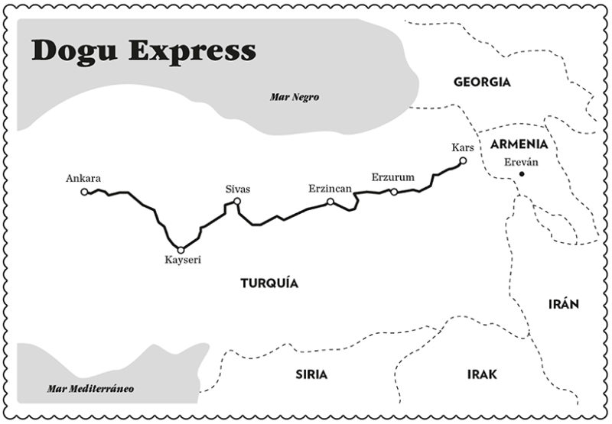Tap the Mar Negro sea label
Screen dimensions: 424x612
coord(294,97)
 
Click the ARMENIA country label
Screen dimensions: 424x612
coord(519,144)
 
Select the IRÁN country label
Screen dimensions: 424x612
coord(564,303)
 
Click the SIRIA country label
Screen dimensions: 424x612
coord(311,374)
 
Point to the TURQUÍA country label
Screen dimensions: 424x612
coord(269,283)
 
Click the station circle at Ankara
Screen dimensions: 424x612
coord(84,191)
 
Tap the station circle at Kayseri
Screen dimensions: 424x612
coord(181,250)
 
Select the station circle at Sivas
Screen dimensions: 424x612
coord(237,202)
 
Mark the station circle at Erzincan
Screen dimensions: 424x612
coord(330,202)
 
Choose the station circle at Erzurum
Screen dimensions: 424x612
coord(393,192)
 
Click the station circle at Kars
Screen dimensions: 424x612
coord(463,160)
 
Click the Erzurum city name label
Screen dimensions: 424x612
coord(392,178)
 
